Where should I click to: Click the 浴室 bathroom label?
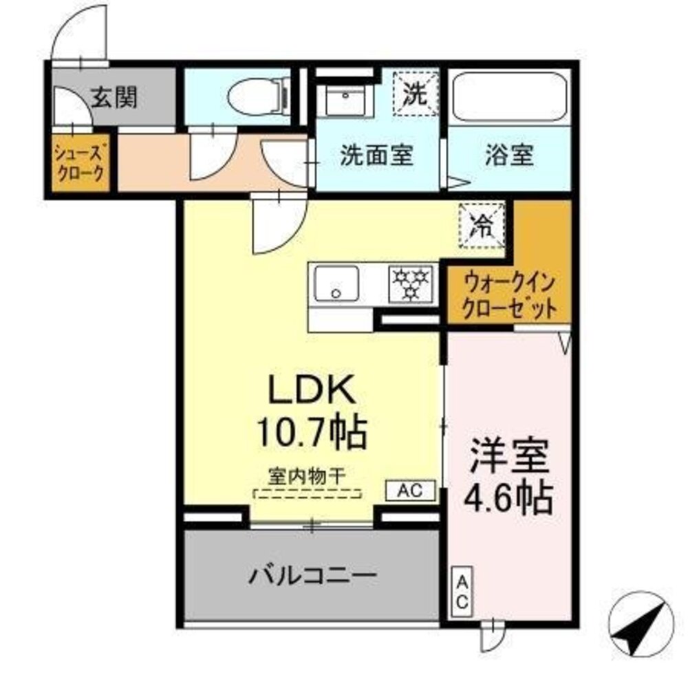508,155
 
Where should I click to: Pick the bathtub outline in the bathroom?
510,97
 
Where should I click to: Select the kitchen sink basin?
336,283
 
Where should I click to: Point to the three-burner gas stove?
411,283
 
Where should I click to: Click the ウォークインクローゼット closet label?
508,294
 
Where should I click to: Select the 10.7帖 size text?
311,431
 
